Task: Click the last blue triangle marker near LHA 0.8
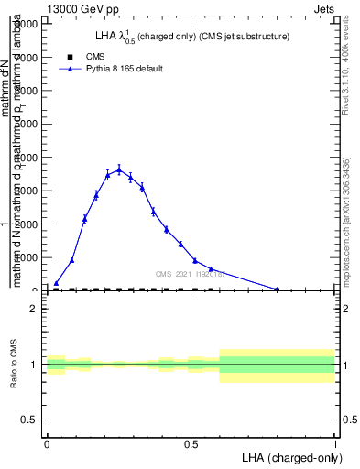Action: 277,289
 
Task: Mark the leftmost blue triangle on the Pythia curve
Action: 56,283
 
